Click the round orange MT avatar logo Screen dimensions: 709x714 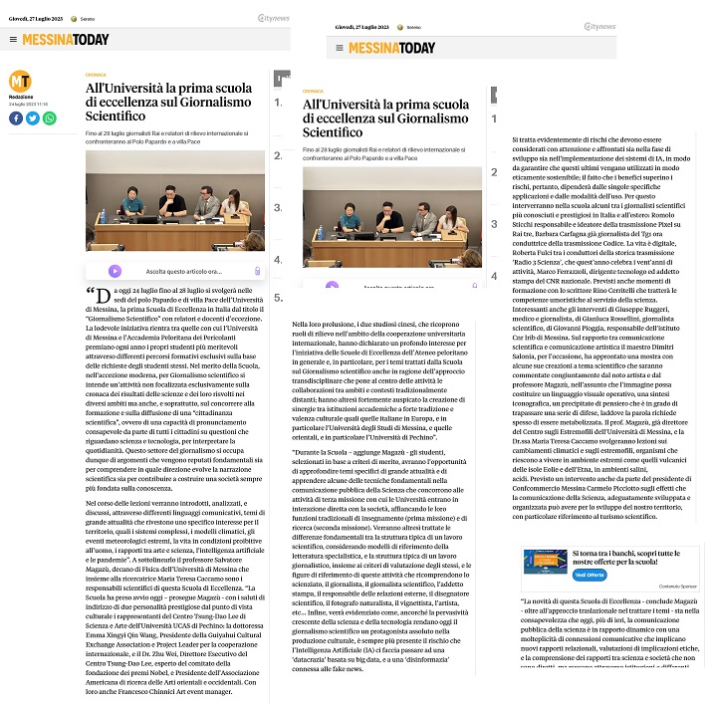[x=19, y=80]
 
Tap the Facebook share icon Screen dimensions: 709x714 [x=15, y=118]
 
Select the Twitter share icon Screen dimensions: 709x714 [x=32, y=118]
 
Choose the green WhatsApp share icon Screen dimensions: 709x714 [x=49, y=118]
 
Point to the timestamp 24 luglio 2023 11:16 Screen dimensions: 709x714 [x=28, y=104]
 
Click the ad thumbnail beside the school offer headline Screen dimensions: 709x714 [x=546, y=562]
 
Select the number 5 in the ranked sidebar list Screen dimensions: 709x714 [x=279, y=297]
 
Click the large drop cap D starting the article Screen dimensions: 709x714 [x=101, y=297]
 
